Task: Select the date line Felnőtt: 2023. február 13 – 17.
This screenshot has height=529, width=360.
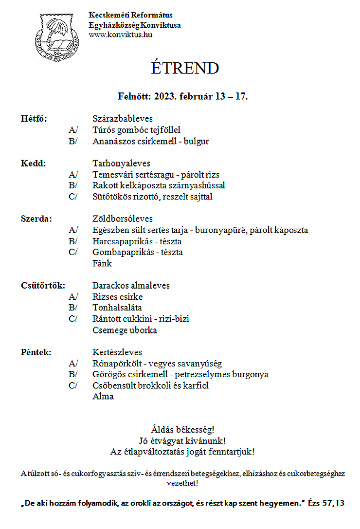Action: pos(183,96)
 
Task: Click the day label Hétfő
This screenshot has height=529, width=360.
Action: pos(34,119)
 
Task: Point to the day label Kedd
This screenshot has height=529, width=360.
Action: pos(33,164)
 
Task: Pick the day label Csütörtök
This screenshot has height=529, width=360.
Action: pos(43,286)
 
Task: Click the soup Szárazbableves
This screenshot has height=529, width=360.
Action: pos(123,119)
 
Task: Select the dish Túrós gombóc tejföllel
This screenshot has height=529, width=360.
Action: pos(136,130)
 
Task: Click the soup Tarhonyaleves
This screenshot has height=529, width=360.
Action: pos(121,164)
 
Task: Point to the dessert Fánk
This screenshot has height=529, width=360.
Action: pos(102,264)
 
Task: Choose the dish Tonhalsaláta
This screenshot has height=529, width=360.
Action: pos(117,308)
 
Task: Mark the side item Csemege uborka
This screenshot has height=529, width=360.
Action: pos(125,330)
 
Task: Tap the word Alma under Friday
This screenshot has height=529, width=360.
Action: pos(103,397)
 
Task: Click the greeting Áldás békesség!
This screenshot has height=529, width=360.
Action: pos(182,430)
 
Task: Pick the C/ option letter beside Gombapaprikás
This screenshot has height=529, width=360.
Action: pos(73,253)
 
